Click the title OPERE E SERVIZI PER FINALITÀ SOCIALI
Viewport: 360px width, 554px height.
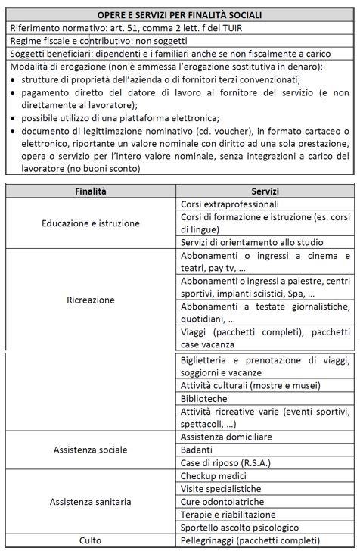tap(179, 14)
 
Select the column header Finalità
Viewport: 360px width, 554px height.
tap(90, 191)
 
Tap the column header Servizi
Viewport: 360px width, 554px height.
tap(265, 191)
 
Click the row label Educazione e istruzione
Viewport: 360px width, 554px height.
tap(90, 223)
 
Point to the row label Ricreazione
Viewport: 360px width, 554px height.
tap(90, 300)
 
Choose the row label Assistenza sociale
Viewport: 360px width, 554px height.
tap(90, 450)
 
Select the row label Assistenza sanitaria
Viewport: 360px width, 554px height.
tap(90, 501)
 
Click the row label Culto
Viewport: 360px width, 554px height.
tap(90, 540)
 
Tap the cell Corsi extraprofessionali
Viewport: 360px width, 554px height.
tap(230, 204)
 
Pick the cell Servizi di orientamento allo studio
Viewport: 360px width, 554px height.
tap(241, 242)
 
